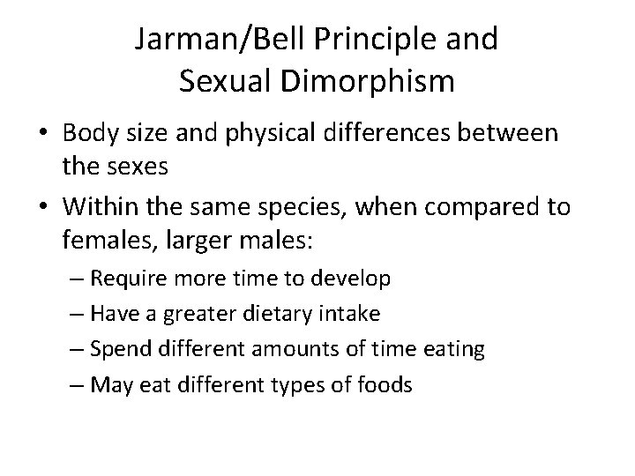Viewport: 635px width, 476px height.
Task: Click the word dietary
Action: click(265, 315)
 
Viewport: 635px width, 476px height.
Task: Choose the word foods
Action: click(383, 384)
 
